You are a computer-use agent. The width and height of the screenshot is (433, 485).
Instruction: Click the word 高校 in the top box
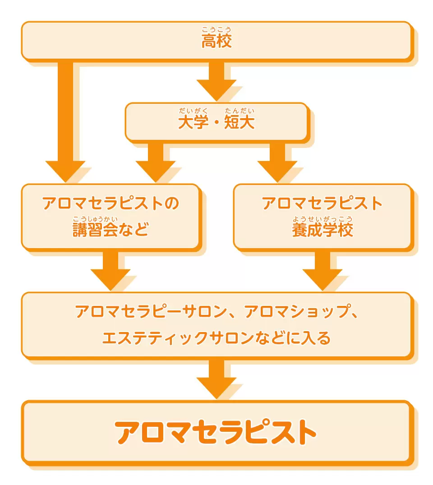216,42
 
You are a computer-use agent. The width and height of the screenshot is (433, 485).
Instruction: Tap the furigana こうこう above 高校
216,30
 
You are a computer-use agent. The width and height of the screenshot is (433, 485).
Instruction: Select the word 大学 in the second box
193,122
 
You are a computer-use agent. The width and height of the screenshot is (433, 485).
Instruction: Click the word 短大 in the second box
240,122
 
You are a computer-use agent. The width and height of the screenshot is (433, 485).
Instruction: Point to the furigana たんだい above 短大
240,111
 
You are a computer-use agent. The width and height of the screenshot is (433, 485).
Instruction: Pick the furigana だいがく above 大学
193,111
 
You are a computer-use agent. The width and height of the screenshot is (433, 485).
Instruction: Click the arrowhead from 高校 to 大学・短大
216,90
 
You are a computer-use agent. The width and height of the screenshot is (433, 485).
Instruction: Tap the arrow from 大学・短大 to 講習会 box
156,162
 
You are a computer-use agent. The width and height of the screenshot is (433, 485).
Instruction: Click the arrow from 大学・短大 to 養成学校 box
277,162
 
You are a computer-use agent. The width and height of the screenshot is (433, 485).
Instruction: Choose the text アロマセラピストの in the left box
111,203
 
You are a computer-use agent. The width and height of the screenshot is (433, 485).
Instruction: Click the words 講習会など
111,230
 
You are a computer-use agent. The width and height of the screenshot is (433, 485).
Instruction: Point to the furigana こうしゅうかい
95,219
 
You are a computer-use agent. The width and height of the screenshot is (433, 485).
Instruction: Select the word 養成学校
322,230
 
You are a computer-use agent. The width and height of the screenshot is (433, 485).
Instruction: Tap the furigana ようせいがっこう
322,219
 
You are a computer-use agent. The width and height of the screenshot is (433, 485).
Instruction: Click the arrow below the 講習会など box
111,270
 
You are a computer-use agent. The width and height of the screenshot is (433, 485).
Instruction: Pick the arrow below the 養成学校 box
322,270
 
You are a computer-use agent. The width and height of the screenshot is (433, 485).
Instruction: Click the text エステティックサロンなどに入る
216,338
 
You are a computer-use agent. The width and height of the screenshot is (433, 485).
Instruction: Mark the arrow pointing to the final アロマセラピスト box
216,379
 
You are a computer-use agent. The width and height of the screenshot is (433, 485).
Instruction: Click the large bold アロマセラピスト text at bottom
216,432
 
